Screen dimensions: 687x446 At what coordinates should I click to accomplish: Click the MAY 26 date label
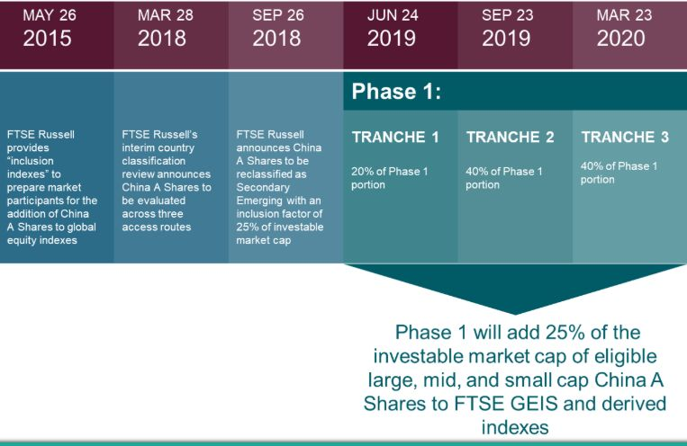click(x=50, y=15)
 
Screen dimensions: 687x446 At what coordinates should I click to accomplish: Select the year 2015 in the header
click(x=48, y=39)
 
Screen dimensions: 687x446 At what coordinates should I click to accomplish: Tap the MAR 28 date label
click(x=165, y=15)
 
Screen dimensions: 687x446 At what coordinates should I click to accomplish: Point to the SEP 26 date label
click(x=278, y=15)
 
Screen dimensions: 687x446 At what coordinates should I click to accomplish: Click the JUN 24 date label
click(x=393, y=15)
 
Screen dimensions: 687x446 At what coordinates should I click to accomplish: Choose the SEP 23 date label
click(x=507, y=15)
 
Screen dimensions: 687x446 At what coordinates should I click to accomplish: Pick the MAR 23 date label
click(x=624, y=15)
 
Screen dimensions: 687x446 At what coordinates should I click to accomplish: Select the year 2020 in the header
click(x=621, y=39)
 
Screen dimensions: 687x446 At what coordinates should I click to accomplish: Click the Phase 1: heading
click(x=396, y=92)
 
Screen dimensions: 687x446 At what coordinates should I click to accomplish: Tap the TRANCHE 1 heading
click(x=395, y=137)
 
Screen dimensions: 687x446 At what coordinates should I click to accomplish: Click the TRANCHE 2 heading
click(x=510, y=137)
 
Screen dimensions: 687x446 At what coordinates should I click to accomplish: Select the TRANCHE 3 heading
click(x=625, y=137)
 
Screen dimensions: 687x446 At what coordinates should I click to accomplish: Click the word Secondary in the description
click(x=263, y=187)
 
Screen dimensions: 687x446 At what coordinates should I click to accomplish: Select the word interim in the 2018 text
click(x=136, y=148)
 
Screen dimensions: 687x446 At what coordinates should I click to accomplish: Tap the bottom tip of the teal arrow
click(x=515, y=314)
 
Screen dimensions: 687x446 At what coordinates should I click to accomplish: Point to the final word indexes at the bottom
click(x=515, y=427)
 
